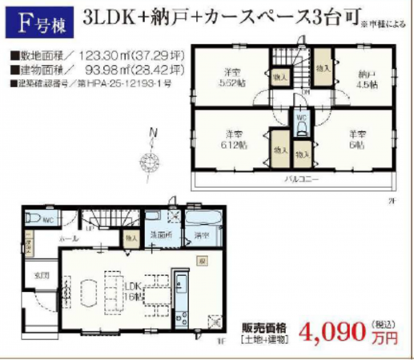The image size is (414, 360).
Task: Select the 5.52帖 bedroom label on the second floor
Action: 232,77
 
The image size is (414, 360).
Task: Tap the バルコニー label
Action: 302,178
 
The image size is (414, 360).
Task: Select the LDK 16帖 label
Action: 130,290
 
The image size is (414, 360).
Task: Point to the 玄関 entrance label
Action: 40,276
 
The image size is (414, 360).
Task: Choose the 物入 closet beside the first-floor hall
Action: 130,238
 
